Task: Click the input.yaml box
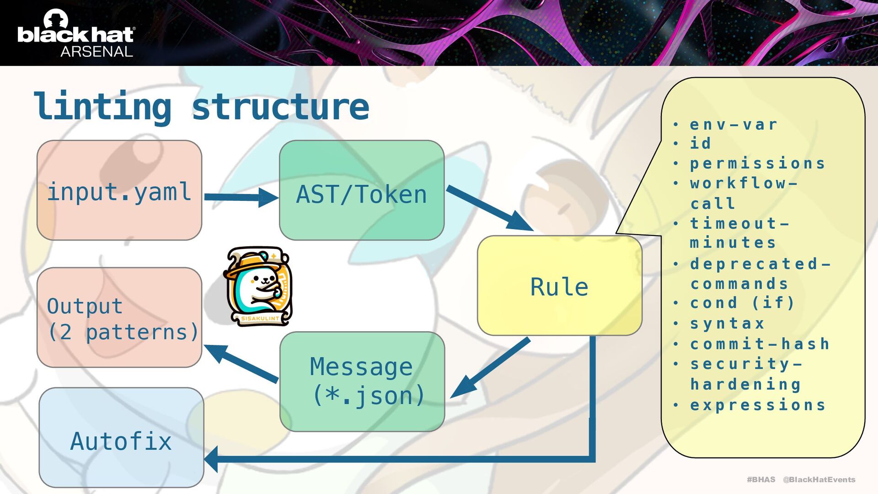(x=119, y=190)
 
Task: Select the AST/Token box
(x=361, y=190)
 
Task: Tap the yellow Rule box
(x=559, y=286)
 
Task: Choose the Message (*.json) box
(x=362, y=381)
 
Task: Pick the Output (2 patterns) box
(x=119, y=317)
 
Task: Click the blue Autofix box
(x=121, y=438)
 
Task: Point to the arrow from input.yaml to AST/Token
(x=240, y=197)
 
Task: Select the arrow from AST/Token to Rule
(x=489, y=208)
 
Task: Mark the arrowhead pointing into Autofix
(x=211, y=459)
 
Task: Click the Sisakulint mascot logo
(x=258, y=286)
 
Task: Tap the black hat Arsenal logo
(x=76, y=34)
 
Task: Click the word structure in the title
(x=280, y=107)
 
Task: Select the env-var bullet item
(x=733, y=124)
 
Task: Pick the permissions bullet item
(x=757, y=163)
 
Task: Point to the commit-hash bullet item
(x=760, y=344)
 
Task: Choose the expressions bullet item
(x=757, y=405)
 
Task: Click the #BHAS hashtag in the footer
(x=761, y=479)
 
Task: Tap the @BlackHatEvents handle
(x=819, y=479)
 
